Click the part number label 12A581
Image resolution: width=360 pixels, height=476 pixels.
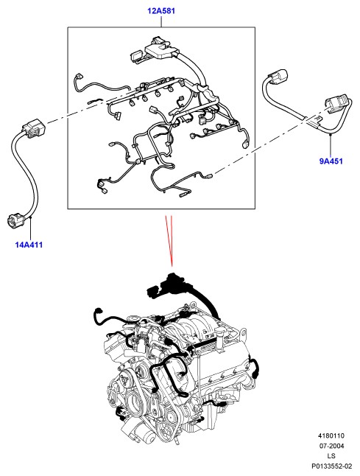point(161,11)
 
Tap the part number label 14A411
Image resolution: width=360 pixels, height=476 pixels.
point(29,245)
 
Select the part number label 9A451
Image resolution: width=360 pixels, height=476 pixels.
point(331,161)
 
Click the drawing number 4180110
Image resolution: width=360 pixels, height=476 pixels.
point(331,435)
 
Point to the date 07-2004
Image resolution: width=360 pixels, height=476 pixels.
point(331,446)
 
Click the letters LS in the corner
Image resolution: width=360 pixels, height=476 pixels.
point(331,456)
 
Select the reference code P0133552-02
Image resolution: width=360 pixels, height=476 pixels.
point(331,466)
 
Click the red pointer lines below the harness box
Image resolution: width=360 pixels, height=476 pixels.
point(169,240)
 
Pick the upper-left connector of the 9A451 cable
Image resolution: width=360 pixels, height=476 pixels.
point(278,77)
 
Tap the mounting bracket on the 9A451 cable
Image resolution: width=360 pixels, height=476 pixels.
point(315,122)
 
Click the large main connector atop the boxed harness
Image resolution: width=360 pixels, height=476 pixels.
point(160,49)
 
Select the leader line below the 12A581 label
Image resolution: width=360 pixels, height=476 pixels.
point(161,21)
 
